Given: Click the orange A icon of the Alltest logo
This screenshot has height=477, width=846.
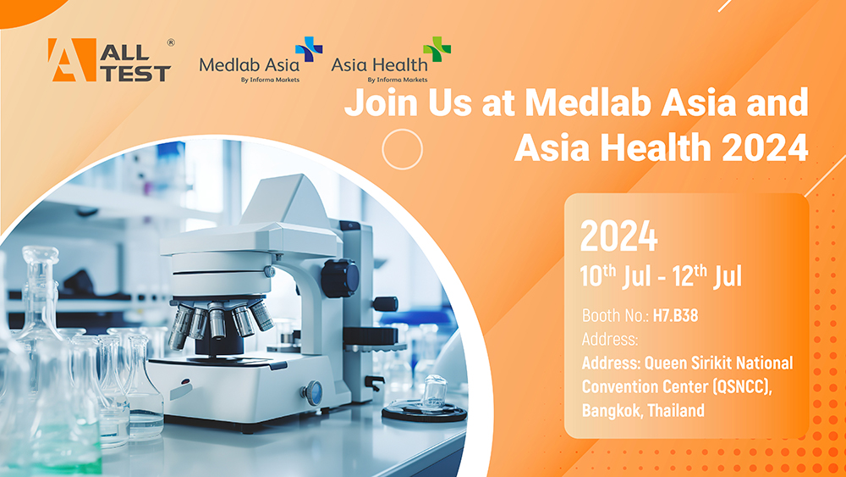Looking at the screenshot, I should click(x=71, y=60).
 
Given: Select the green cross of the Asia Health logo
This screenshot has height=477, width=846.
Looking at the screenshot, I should click(x=437, y=50).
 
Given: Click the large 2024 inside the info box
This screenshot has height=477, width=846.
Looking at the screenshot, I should click(x=618, y=238).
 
